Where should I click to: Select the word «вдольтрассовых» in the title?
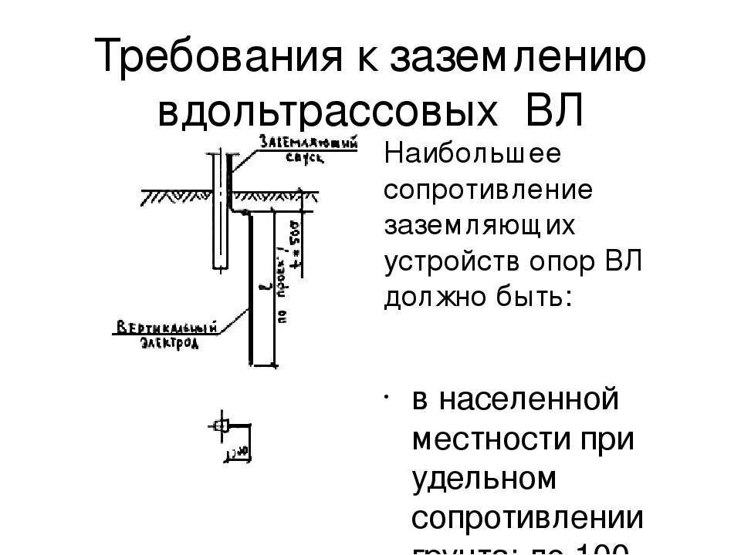327,111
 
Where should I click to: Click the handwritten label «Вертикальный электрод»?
165,335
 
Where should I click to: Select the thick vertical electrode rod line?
252,293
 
